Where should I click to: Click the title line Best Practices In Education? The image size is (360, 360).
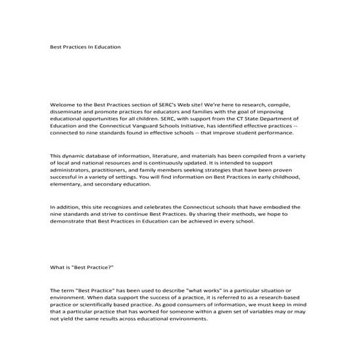pyautogui.click(x=85, y=47)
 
